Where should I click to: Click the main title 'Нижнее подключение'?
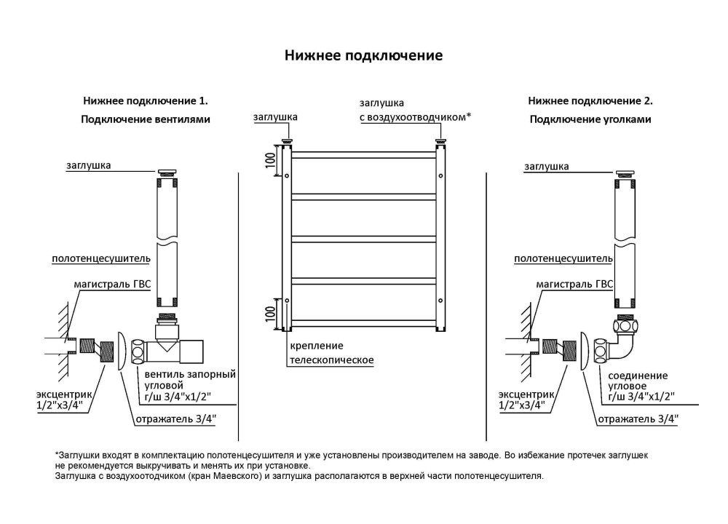[x=363, y=56]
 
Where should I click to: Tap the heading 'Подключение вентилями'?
[x=146, y=119]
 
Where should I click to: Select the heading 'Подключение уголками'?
[x=590, y=119]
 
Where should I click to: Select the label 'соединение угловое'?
[x=637, y=382]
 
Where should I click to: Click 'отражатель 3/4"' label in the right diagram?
[x=638, y=418]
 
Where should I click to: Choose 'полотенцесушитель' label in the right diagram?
[x=563, y=258]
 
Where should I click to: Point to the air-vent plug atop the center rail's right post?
[x=440, y=140]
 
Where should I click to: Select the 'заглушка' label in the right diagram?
[x=546, y=167]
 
